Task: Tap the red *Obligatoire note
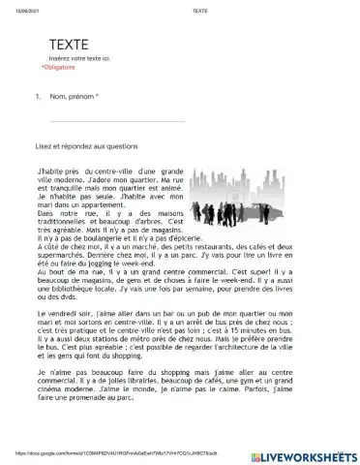point(59,69)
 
